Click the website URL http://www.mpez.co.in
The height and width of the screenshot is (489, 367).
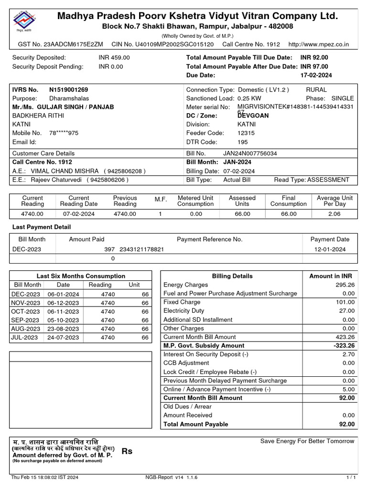click(x=319, y=44)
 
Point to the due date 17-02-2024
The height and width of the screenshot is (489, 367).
click(x=316, y=75)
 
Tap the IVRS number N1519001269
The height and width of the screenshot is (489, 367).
click(x=68, y=90)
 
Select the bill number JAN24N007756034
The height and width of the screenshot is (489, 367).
click(x=250, y=154)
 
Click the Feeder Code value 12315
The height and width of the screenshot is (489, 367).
click(x=246, y=133)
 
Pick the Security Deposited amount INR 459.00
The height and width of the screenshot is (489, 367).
click(x=114, y=57)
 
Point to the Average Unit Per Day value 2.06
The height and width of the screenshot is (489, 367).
click(x=335, y=214)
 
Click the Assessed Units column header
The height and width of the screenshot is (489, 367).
click(x=242, y=201)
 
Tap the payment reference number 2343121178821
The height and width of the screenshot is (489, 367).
click(x=142, y=249)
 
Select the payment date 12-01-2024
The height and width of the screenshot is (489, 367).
click(x=330, y=249)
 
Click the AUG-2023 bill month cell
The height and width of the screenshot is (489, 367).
click(x=26, y=329)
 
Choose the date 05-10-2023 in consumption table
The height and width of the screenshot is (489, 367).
click(x=63, y=320)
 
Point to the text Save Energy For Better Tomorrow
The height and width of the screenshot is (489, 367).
click(x=307, y=441)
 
